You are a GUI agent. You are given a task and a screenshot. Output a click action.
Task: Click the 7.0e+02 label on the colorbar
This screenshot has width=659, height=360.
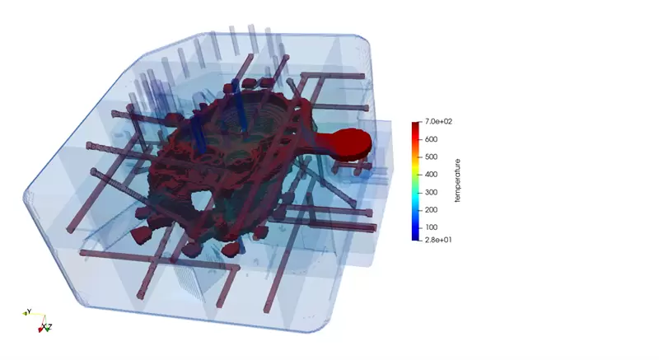click(x=438, y=121)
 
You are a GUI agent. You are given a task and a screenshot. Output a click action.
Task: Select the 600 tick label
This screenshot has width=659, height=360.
click(x=431, y=139)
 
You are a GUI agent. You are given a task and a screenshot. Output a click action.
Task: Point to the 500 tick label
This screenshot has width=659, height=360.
click(x=431, y=157)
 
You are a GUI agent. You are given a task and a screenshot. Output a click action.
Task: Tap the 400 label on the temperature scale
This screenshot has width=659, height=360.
click(x=431, y=175)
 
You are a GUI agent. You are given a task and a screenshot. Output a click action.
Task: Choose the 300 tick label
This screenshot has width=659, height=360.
click(x=431, y=193)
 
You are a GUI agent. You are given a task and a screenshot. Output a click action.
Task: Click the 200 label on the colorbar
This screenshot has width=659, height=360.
click(x=431, y=210)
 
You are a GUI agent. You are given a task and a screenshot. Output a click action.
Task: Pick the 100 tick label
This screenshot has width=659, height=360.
click(x=431, y=227)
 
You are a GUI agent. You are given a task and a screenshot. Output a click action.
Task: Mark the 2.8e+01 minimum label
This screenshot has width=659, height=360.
click(x=438, y=240)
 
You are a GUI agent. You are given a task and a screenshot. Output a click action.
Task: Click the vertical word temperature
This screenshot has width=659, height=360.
click(x=458, y=180)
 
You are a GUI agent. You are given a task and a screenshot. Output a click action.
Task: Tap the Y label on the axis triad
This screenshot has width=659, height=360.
click(x=29, y=311)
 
